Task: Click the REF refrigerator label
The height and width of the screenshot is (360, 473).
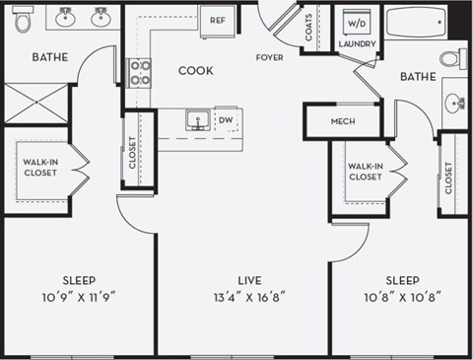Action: pos(217,19)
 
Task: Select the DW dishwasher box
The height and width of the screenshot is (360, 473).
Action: pos(226,120)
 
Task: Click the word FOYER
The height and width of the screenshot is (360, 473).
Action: pos(269,58)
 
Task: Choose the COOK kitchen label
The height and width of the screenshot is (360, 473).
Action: pos(197,71)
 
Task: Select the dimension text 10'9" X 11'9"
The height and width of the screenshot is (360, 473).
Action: pos(79,296)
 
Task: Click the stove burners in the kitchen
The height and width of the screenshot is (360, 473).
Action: pos(139,72)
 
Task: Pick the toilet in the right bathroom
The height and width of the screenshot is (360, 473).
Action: pos(452,58)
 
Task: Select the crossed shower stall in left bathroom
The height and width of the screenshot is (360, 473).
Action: pos(36,103)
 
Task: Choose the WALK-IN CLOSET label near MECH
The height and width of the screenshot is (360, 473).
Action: pos(365,172)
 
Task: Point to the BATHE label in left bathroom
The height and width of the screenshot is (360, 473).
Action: pos(49,57)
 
